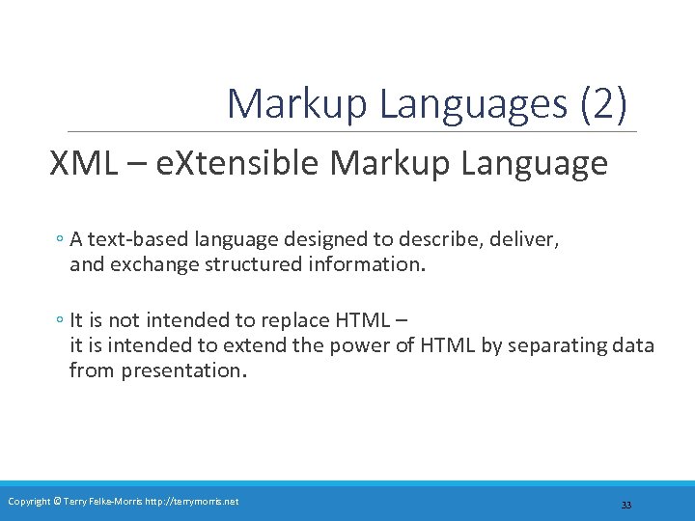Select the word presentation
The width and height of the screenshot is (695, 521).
click(183, 370)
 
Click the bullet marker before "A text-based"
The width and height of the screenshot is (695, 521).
click(60, 239)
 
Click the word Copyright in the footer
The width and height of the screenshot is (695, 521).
click(28, 501)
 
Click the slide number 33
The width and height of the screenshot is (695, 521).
click(625, 506)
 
